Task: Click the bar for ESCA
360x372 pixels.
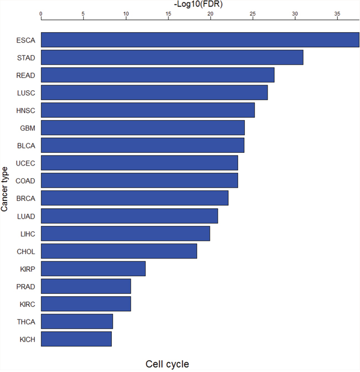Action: (200, 40)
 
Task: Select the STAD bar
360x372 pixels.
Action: (172, 57)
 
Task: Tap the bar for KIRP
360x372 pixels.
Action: (93, 268)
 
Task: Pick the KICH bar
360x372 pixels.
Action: (76, 339)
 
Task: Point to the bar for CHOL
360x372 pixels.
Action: (119, 251)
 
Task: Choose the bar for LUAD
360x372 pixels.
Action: (130, 216)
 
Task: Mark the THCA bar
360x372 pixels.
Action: (77, 322)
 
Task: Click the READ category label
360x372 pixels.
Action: (25, 75)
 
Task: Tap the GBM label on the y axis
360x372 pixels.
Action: (28, 128)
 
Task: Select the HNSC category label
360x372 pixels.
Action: (25, 111)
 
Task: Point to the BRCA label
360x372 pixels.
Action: (25, 198)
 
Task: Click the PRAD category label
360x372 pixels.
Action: (25, 287)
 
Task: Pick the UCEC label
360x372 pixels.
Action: (25, 163)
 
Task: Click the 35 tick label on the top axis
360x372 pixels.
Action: (337, 14)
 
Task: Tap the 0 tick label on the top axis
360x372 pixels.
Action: (41, 14)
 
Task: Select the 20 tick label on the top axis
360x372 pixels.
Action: (210, 14)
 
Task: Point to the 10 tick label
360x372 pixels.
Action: (126, 14)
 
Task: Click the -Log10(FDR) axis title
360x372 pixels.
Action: (198, 4)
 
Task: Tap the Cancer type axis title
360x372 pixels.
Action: (4, 189)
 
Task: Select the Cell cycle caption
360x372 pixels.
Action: (167, 364)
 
